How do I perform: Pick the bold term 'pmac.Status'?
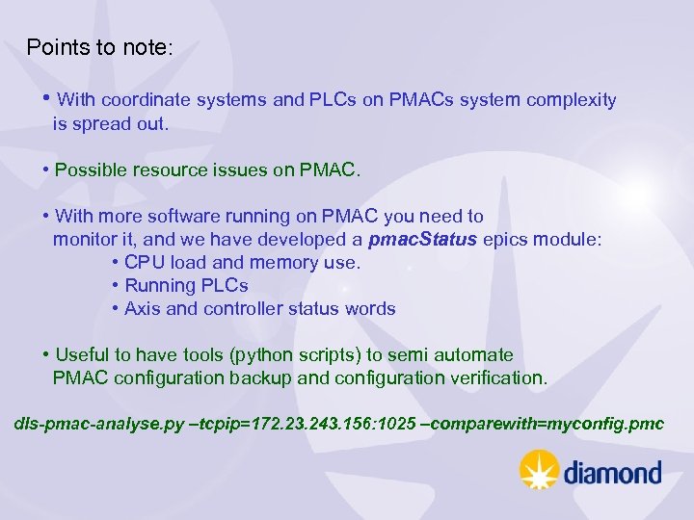tap(423, 240)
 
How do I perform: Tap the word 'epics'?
tap(507, 240)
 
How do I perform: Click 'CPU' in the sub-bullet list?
tap(144, 263)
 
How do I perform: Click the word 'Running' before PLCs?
tap(160, 286)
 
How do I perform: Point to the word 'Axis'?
tap(143, 309)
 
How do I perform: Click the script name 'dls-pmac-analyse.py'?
tap(98, 425)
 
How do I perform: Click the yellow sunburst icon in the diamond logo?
tap(540, 471)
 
